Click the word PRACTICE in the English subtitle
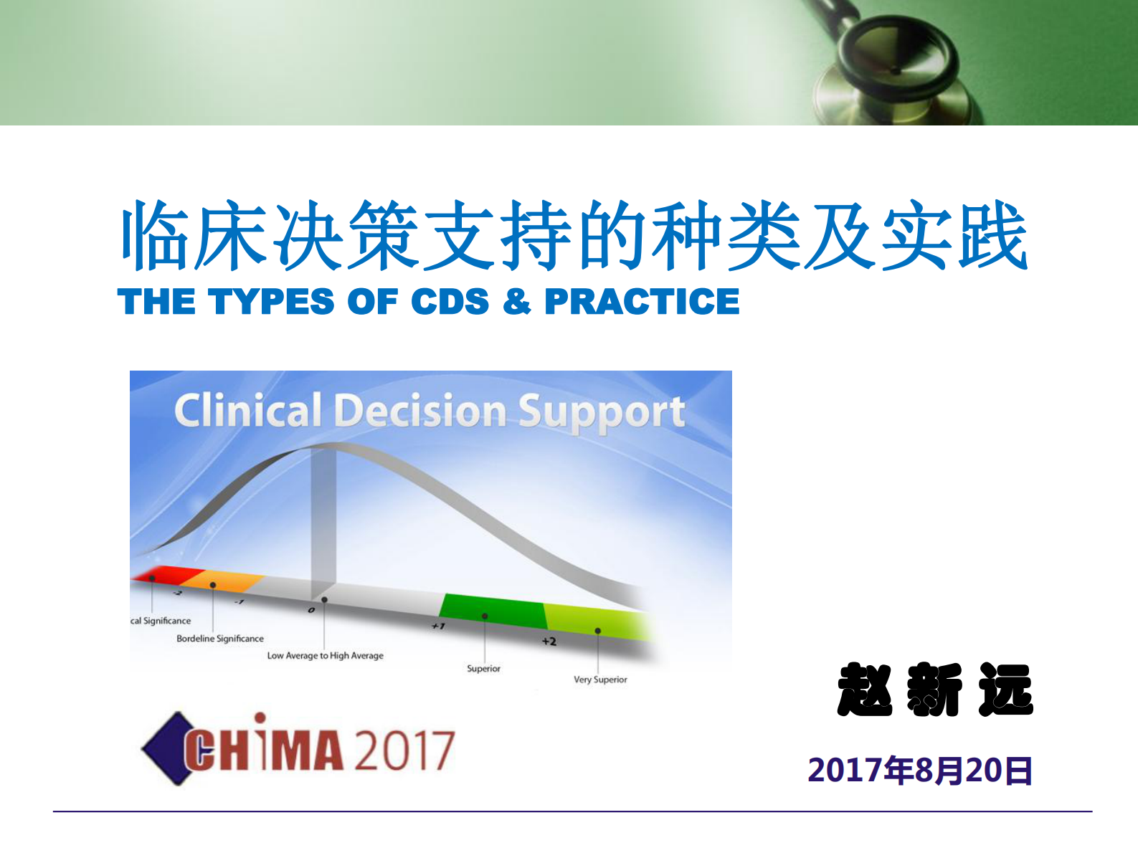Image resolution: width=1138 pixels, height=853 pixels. (x=642, y=301)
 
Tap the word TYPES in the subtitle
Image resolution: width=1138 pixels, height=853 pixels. (x=271, y=301)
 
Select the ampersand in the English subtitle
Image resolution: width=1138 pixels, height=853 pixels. (x=516, y=301)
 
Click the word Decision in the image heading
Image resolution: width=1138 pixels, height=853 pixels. (x=420, y=411)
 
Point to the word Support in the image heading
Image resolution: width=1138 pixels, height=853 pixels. (x=601, y=413)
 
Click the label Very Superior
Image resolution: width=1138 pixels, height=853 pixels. (x=600, y=680)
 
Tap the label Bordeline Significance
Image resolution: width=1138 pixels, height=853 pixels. (x=220, y=639)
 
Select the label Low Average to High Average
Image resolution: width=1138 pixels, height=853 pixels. (x=325, y=655)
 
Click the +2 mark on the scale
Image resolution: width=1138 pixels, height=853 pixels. (x=549, y=641)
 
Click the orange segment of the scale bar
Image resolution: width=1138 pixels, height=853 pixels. (x=222, y=580)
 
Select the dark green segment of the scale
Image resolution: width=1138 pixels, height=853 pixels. (x=493, y=611)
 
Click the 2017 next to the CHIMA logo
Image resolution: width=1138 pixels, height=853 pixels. (x=404, y=750)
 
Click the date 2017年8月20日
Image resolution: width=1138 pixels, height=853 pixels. (x=920, y=771)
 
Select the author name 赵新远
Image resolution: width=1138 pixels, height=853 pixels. (x=934, y=690)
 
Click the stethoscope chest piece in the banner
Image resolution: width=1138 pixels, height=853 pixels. (x=893, y=68)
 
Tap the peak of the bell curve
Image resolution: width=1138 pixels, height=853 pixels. (x=326, y=446)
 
